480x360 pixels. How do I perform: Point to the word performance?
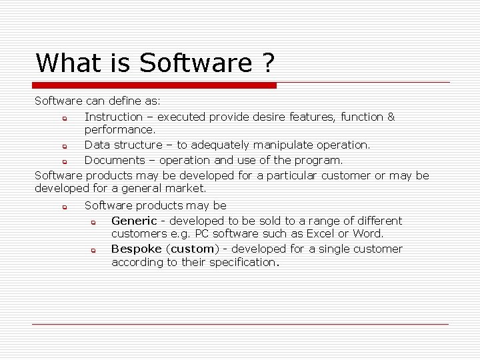(119, 129)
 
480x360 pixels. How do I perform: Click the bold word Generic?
(134, 221)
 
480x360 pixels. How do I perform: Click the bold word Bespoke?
(137, 249)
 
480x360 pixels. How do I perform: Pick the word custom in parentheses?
(193, 249)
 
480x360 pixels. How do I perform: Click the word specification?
(242, 262)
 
